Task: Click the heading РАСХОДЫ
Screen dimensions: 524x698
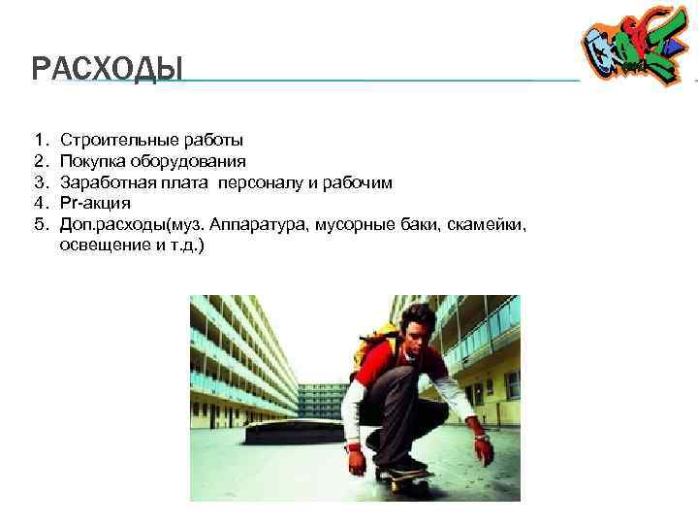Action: coord(107,70)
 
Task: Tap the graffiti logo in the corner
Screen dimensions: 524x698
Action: coord(634,49)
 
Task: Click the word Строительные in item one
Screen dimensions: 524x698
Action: coord(109,142)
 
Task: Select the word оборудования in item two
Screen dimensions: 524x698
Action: coord(195,161)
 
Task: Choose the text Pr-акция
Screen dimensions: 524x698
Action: coord(95,204)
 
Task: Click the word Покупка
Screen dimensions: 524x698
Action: coord(91,161)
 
